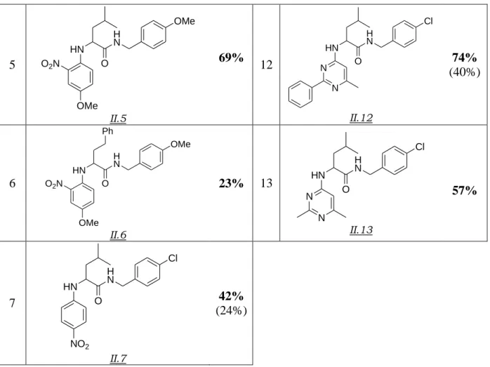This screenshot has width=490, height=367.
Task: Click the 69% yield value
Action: click(231, 58)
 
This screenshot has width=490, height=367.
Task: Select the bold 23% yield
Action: click(231, 183)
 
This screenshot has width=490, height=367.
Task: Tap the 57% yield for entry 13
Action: click(464, 190)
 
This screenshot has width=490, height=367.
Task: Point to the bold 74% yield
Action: click(464, 58)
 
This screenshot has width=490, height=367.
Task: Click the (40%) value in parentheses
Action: click(465, 72)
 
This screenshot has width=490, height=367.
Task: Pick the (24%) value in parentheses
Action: click(231, 310)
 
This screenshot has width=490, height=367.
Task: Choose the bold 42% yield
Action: click(231, 295)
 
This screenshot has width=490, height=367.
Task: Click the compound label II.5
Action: click(118, 119)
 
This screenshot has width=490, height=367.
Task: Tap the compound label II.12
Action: click(361, 118)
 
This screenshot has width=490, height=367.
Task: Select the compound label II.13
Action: click(361, 230)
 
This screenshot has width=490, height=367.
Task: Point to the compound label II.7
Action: click(118, 359)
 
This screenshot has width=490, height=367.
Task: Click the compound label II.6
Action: click(118, 235)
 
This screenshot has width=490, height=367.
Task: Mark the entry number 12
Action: click(266, 65)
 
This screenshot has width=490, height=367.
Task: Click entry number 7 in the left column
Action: click(12, 303)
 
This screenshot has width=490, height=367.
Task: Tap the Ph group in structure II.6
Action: click(108, 131)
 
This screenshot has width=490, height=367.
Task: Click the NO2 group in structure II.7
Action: click(80, 345)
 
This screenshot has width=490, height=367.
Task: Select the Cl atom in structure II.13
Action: click(420, 147)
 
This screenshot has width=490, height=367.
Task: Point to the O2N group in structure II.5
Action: click(50, 64)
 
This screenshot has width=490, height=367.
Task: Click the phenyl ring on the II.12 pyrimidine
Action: click(300, 95)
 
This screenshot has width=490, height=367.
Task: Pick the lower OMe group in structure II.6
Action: click(88, 222)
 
